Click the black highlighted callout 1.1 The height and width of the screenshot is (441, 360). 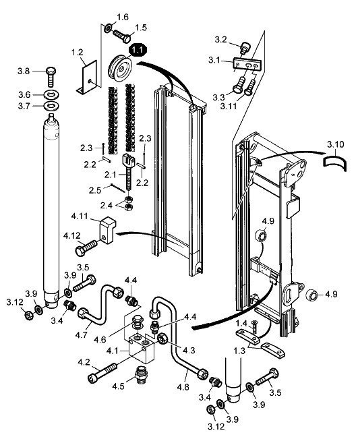click(138, 51)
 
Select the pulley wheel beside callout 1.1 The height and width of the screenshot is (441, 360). click(121, 67)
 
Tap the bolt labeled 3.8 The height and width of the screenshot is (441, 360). click(51, 77)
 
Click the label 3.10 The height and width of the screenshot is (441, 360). click(335, 144)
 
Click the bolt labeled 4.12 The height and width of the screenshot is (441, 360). click(86, 247)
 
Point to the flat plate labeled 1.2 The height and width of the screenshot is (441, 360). click(86, 77)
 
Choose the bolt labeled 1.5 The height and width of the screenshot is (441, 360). click(122, 36)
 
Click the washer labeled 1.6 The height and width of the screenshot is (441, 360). click(108, 28)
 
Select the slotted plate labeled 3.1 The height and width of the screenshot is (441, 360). click(247, 64)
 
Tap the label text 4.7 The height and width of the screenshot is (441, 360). click(81, 334)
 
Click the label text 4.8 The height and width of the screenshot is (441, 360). click(183, 387)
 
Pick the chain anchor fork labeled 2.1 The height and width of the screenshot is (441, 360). click(128, 174)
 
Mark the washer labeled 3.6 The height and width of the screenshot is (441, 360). click(51, 95)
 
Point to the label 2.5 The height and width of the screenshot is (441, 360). click(95, 190)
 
